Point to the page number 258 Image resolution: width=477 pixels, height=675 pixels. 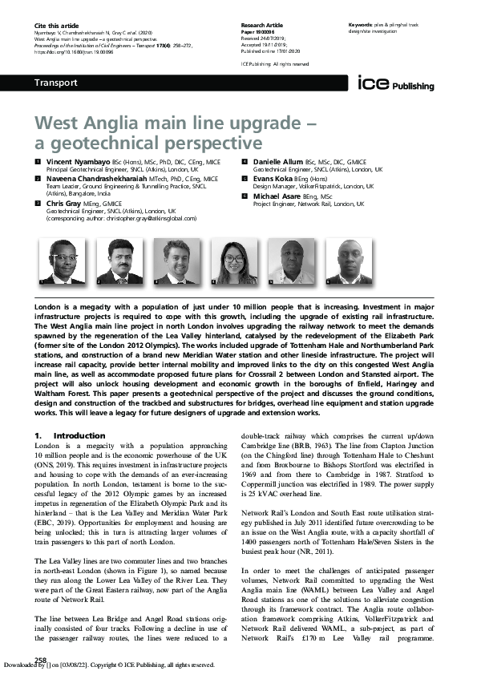[x=40, y=660]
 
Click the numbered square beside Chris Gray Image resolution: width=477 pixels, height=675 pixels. [x=37, y=204]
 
